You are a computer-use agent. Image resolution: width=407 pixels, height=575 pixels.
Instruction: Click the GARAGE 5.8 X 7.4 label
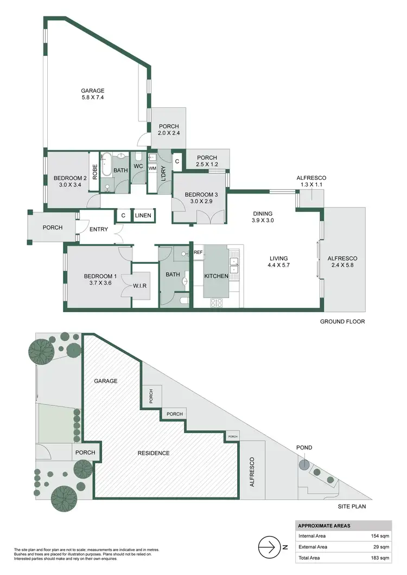tap(93, 95)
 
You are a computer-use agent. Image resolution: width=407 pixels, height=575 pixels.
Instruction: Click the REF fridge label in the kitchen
tap(198, 253)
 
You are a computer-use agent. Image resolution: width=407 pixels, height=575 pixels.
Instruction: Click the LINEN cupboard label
tap(144, 216)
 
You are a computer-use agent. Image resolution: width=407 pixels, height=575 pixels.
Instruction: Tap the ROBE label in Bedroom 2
tap(94, 172)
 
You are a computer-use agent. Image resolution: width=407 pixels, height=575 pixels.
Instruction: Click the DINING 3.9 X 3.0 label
tap(262, 217)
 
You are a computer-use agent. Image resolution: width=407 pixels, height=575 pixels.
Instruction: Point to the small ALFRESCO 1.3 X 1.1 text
tap(311, 182)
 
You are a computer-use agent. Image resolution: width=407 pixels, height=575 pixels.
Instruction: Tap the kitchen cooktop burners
tap(215, 302)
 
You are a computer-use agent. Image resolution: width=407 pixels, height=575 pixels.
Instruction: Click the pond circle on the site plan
tap(304, 464)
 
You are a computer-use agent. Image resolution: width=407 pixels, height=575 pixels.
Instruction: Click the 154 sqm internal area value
tap(378, 536)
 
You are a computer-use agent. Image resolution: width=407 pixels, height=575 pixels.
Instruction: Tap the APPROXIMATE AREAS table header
tap(325, 526)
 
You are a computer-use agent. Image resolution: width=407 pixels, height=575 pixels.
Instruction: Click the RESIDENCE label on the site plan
tap(153, 453)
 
